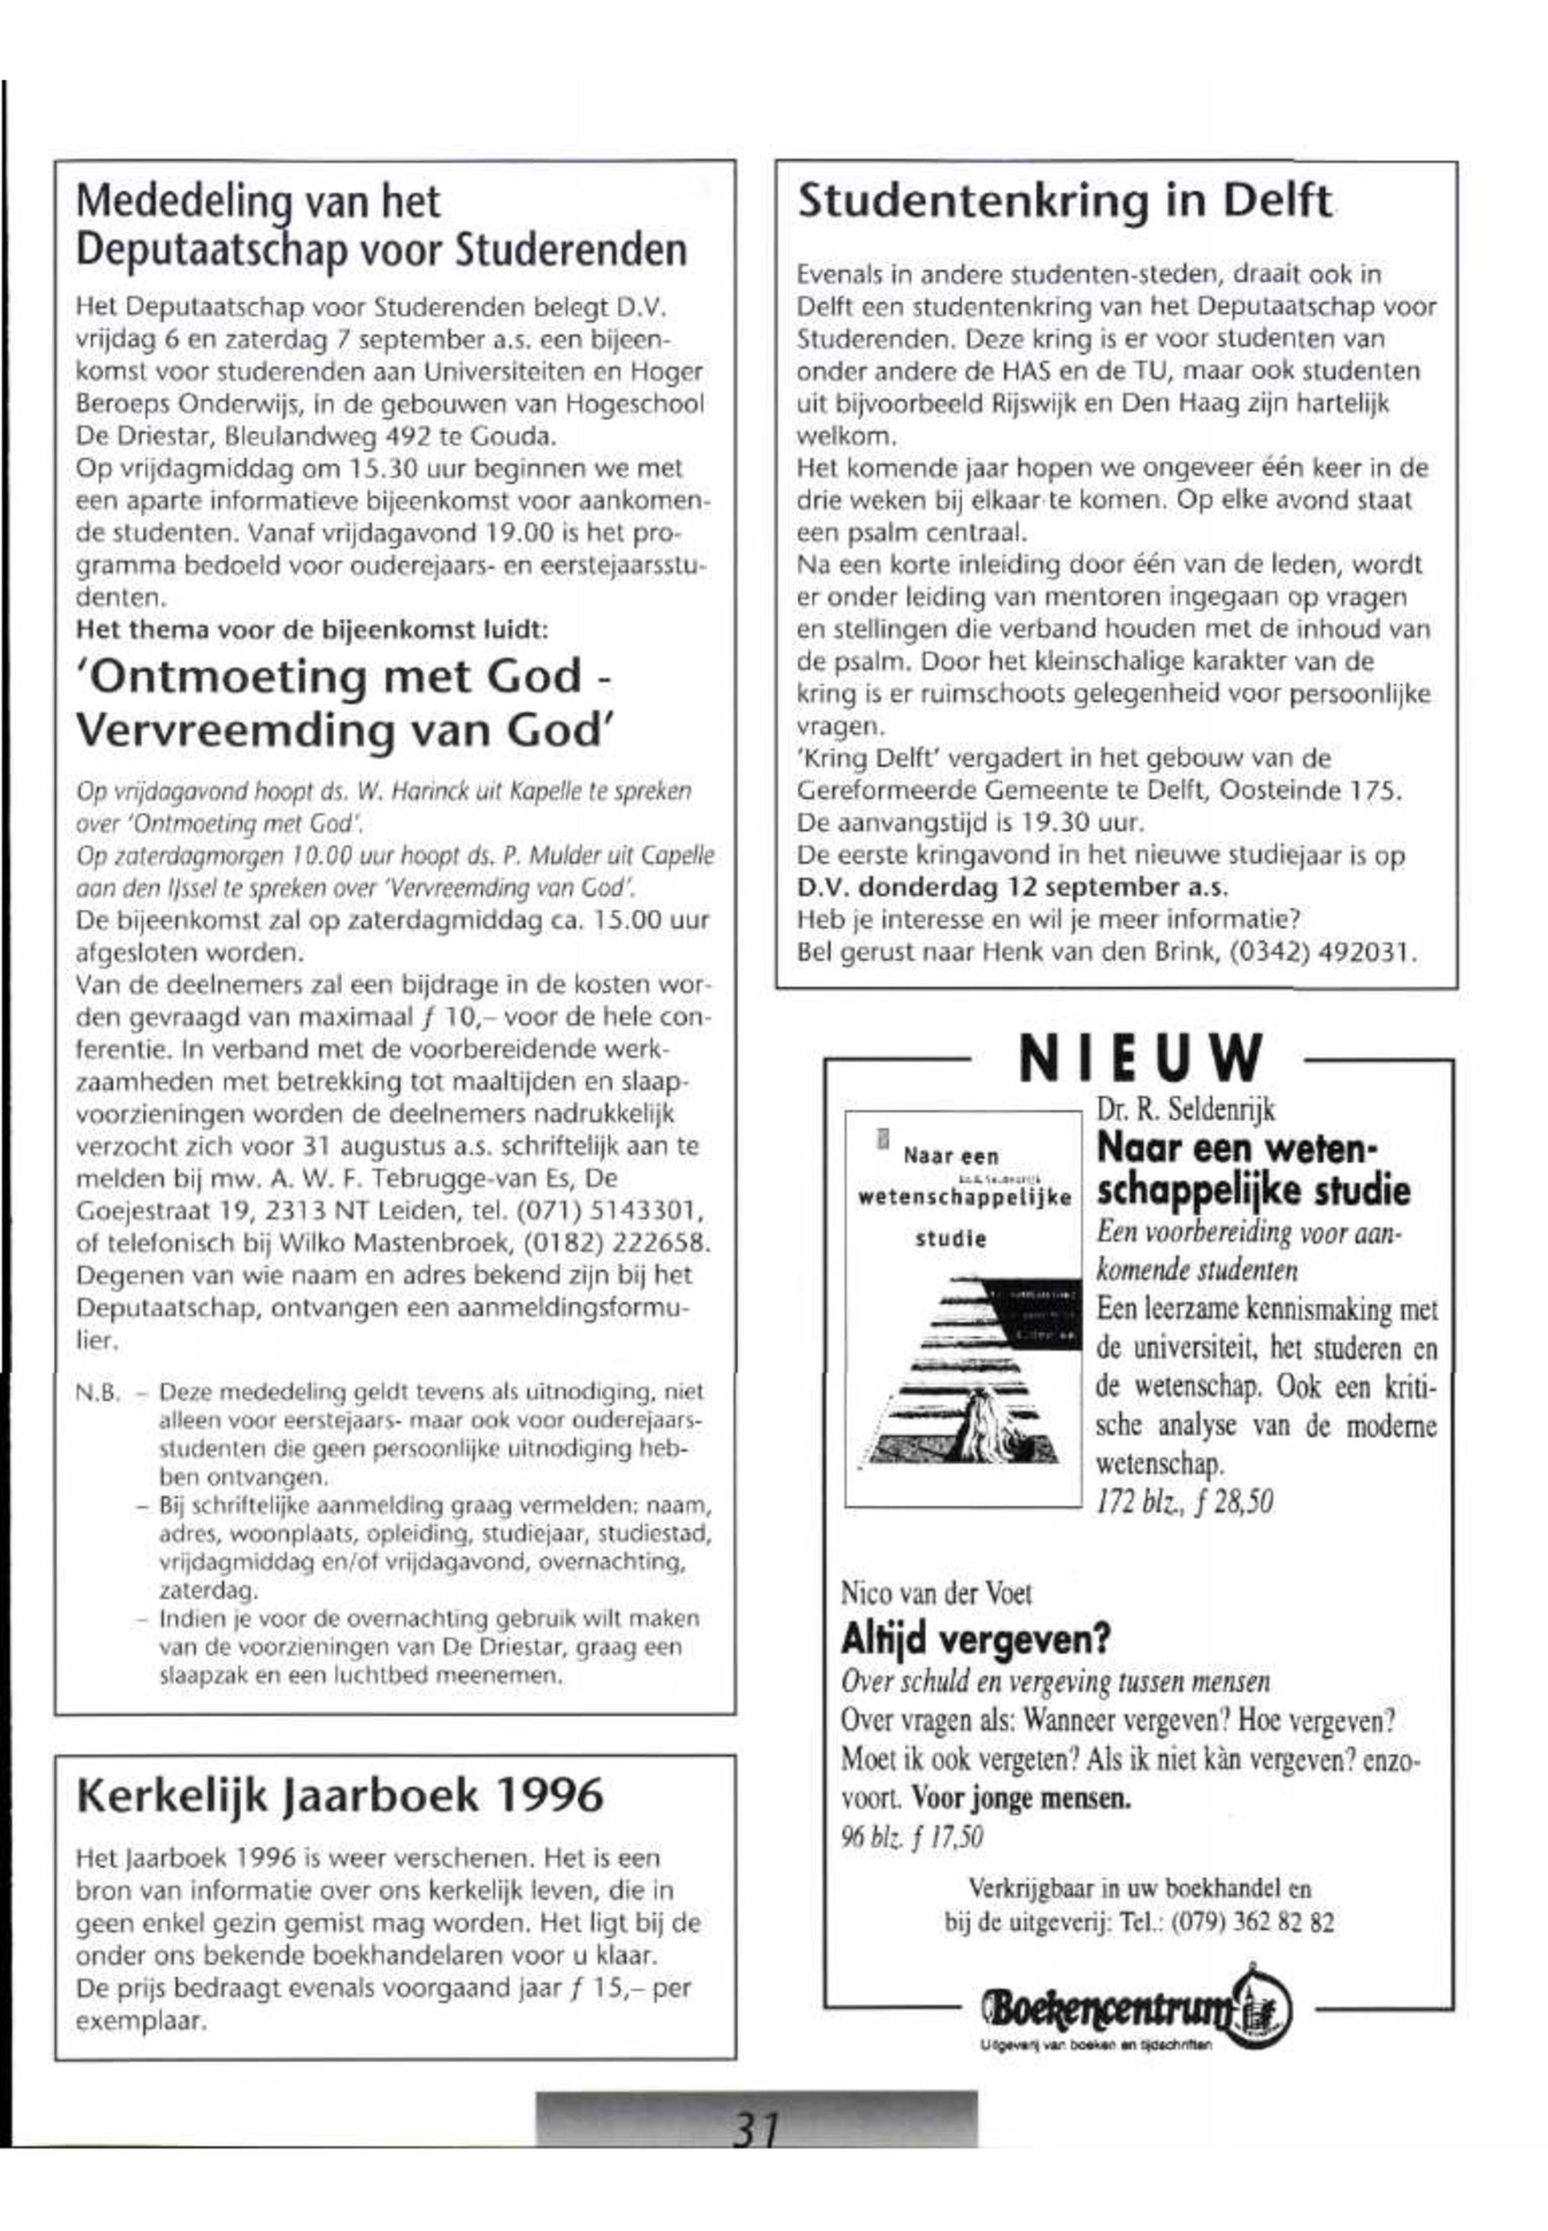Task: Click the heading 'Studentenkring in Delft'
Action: (x=1064, y=201)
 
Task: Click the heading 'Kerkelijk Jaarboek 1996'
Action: (x=340, y=1795)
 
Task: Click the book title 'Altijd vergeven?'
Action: (x=975, y=1640)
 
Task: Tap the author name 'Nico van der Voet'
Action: (x=936, y=1594)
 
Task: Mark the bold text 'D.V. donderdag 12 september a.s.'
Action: (x=1012, y=887)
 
